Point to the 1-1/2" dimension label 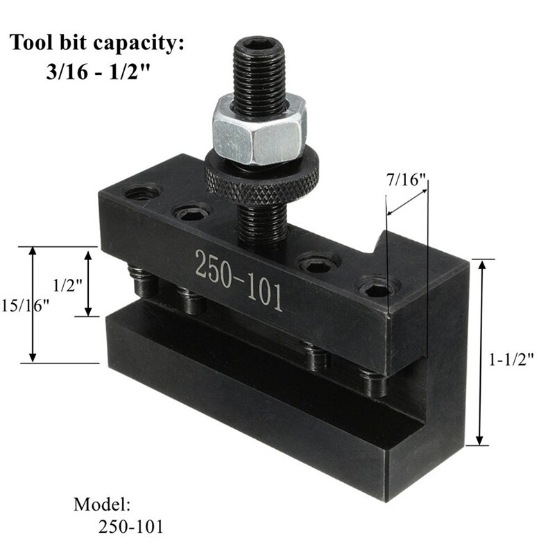(511, 359)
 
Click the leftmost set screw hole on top (143, 192)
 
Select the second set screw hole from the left (192, 211)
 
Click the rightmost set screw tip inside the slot (375, 382)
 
